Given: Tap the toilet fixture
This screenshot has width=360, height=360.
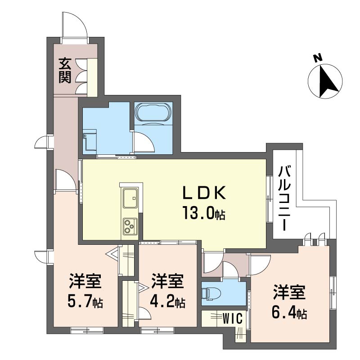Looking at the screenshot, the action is point(211,294).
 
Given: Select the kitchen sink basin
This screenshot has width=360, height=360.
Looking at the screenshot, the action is point(130,198).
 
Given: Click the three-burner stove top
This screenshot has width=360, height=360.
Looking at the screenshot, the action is point(130,226).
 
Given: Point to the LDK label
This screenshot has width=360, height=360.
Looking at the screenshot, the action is point(204,193).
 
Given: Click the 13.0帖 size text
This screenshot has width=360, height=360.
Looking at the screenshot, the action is point(204,213).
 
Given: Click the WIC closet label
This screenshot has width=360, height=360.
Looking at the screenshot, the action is point(233,319).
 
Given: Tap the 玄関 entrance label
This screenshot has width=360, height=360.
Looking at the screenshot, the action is point(65,71).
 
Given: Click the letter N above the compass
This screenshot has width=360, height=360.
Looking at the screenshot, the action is point(318,58).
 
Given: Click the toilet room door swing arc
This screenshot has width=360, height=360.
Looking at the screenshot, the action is point(230,266).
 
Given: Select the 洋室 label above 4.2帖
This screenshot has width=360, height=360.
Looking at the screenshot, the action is point(167,281).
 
